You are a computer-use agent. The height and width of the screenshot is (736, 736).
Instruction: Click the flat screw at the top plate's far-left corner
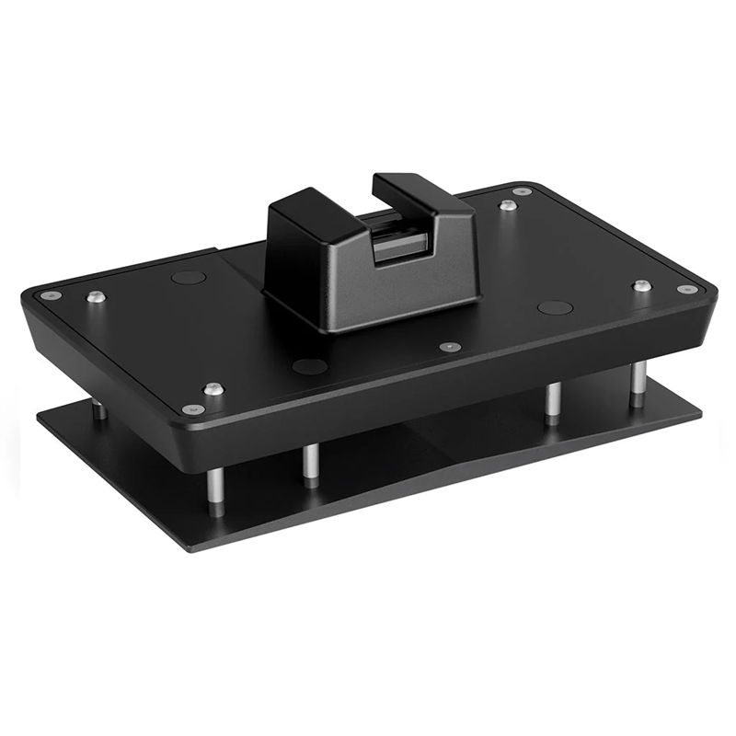(x=46, y=295)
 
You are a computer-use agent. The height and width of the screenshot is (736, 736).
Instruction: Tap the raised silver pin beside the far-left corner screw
(x=94, y=296)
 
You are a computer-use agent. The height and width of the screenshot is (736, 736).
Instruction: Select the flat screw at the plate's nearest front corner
(x=190, y=408)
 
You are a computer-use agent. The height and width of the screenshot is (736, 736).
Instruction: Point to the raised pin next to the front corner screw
(x=213, y=389)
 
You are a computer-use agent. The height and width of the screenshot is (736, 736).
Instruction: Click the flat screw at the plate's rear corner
(x=523, y=191)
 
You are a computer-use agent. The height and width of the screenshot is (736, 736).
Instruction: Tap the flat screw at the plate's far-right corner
(x=685, y=289)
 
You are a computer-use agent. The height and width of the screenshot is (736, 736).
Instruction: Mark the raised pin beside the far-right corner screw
(x=640, y=285)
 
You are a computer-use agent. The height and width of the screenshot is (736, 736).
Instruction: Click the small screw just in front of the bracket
(x=450, y=347)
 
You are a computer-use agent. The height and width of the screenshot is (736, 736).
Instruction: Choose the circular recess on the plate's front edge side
(x=309, y=366)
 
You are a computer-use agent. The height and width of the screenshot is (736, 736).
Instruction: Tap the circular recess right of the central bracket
(x=555, y=307)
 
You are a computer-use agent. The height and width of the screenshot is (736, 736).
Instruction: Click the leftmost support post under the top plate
(x=98, y=409)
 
